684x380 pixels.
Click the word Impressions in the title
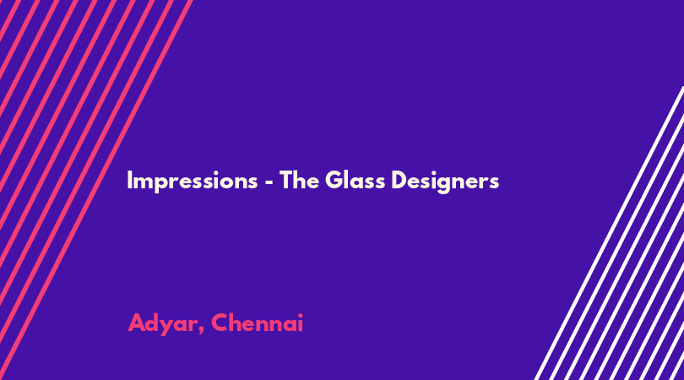point(193,181)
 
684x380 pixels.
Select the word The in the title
point(299,180)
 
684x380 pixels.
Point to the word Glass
point(355,180)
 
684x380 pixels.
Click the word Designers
point(445,181)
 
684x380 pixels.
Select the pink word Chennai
point(257,323)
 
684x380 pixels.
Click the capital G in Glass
point(334,180)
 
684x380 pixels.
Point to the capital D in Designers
point(399,180)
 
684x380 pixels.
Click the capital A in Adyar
point(137,323)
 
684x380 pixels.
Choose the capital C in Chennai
point(220,323)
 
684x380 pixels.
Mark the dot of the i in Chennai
point(300,316)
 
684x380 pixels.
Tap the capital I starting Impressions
point(129,180)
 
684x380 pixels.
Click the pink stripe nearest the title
point(96,190)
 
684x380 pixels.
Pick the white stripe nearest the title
point(609,233)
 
